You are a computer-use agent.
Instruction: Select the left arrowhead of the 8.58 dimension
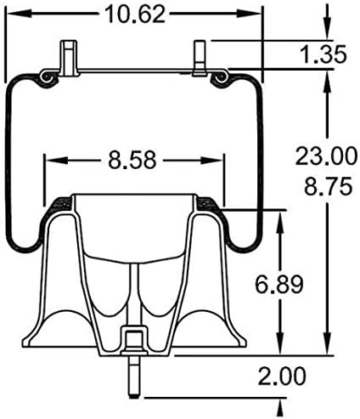pos(73,159)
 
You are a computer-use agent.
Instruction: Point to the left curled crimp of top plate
pos(46,78)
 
